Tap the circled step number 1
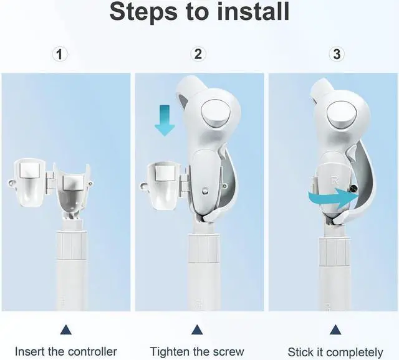[60, 55]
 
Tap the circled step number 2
[198, 55]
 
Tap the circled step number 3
[337, 55]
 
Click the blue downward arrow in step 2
[165, 120]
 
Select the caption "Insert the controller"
[65, 352]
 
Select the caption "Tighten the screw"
[197, 352]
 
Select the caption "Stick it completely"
[335, 352]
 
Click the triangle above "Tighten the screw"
[198, 329]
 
